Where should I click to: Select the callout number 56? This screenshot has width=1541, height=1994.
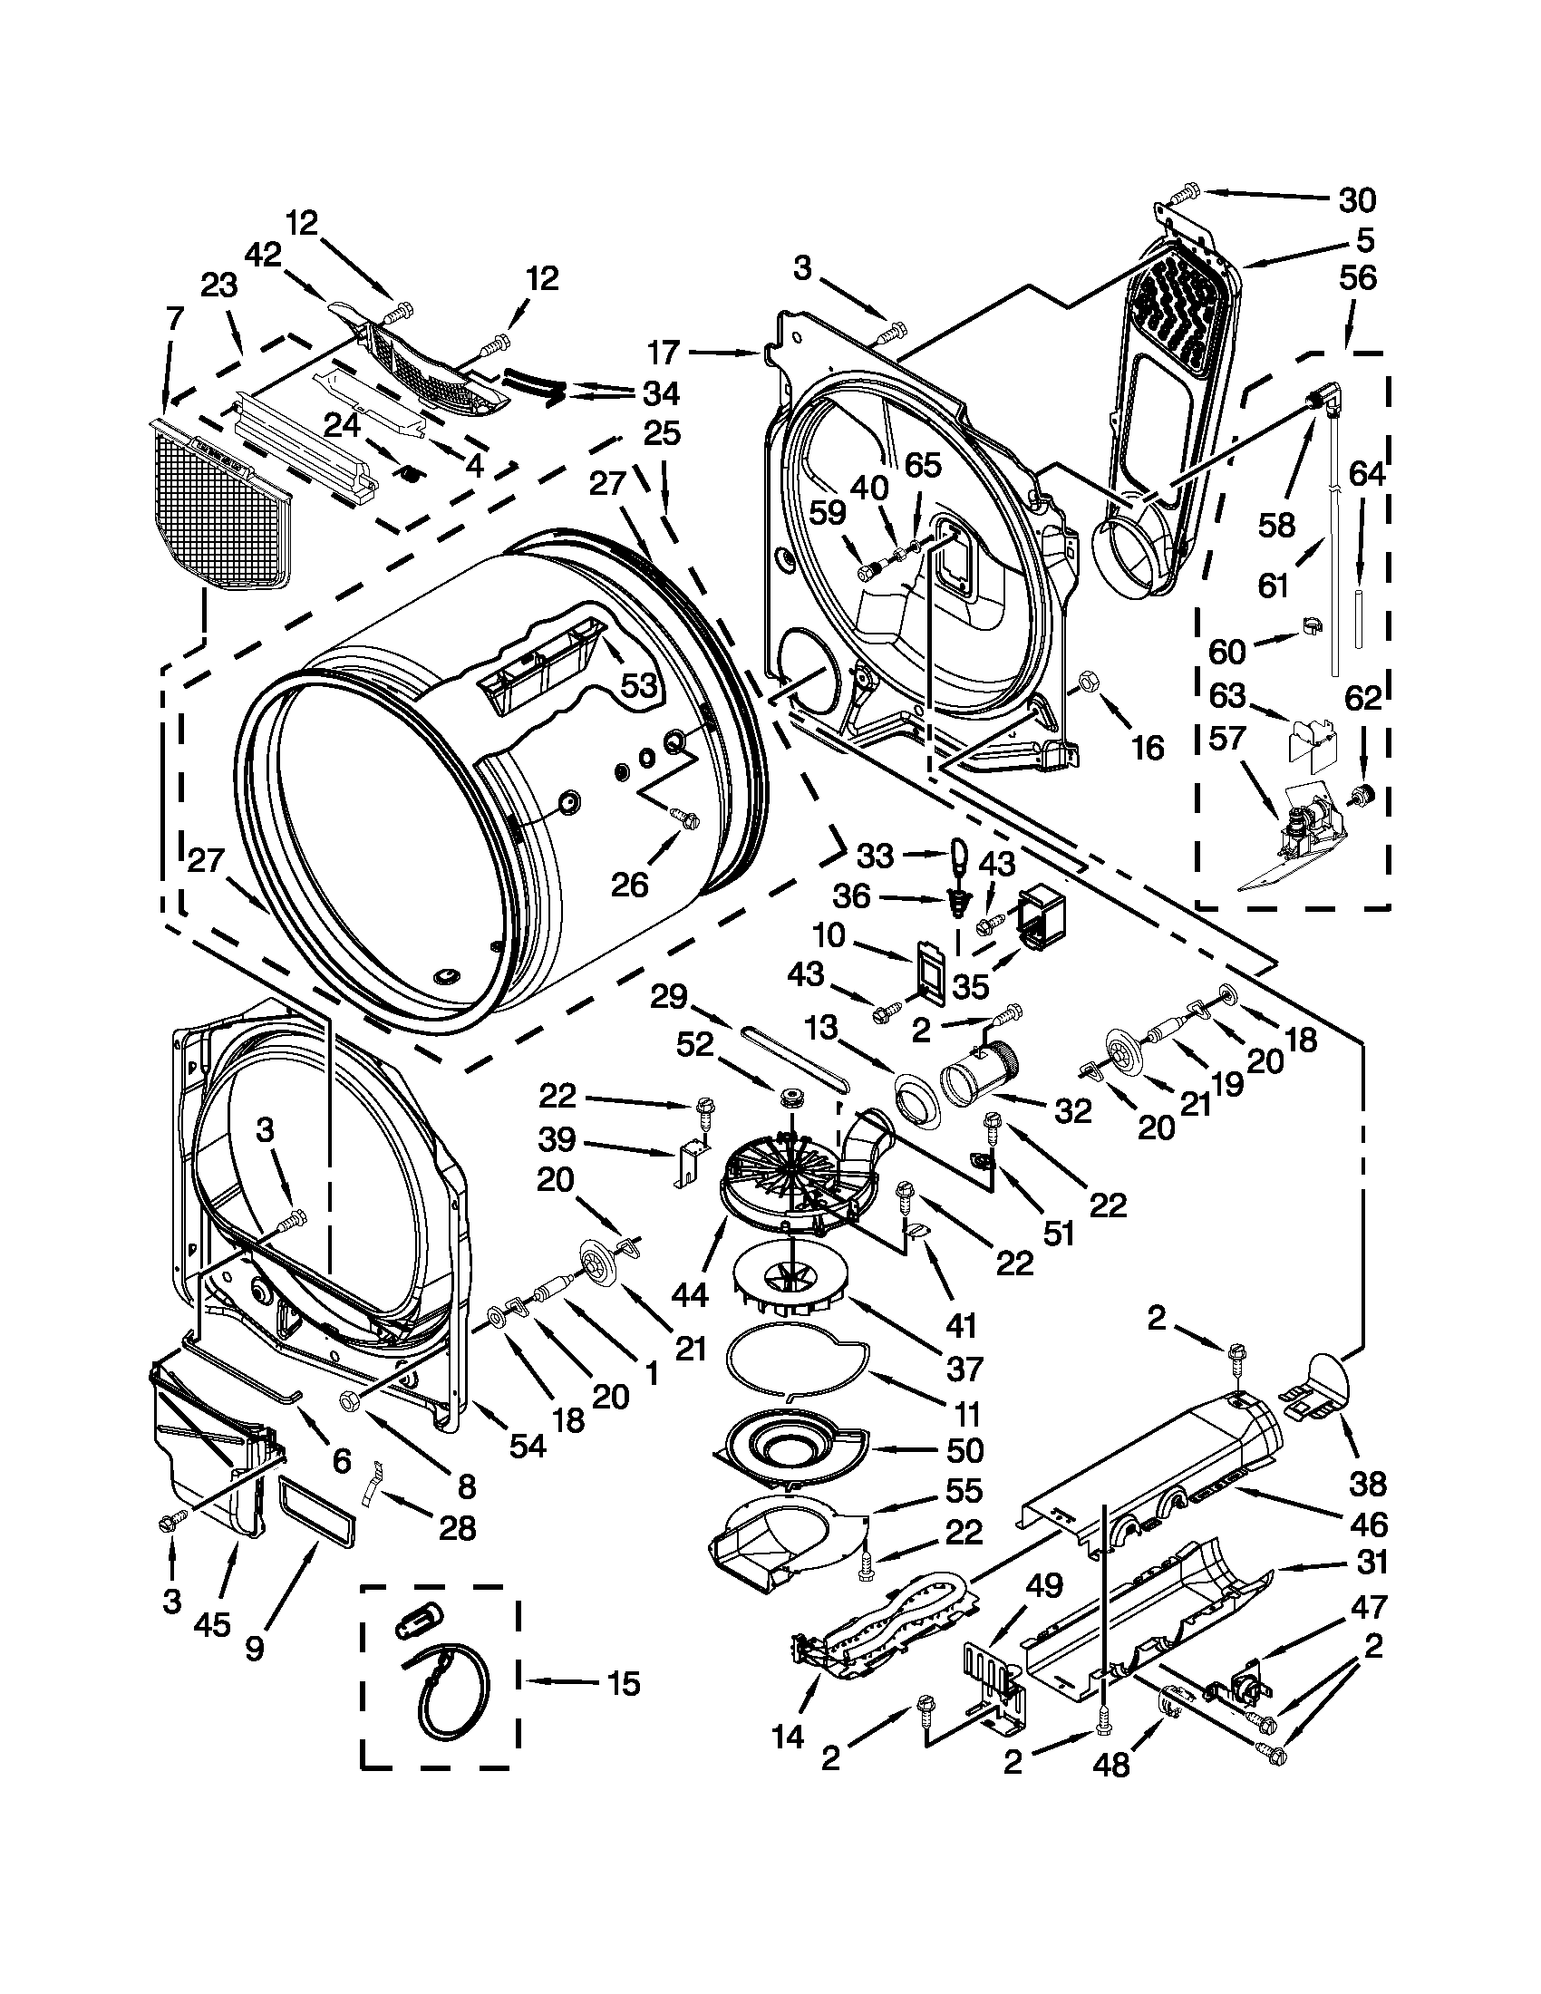coord(1358,278)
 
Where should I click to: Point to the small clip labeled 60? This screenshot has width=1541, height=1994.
coord(1310,626)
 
